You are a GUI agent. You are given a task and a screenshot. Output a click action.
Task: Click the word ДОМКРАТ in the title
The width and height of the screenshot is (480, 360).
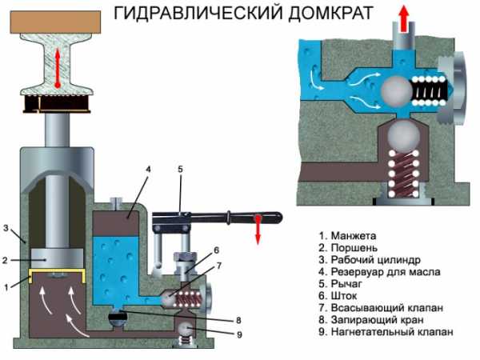pos(330,13)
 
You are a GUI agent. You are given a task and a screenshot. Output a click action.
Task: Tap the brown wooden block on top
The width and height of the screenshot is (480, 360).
pos(55,22)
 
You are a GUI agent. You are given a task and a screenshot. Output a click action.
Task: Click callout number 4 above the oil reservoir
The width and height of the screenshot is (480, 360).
pos(149,170)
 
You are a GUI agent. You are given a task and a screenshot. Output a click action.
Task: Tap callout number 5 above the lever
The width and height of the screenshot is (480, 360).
pos(180,169)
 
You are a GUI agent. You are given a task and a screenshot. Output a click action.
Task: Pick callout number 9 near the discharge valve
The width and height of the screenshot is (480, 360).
pos(239,334)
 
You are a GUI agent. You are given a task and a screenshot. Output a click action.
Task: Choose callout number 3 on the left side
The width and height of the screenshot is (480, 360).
pos(6,228)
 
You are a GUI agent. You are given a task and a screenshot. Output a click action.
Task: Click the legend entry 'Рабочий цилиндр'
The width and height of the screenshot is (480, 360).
pos(370,260)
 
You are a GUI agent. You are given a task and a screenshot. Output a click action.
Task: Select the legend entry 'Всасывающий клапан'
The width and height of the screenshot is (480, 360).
pos(381,308)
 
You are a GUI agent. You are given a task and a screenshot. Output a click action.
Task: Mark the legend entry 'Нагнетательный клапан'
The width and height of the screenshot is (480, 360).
pos(386,331)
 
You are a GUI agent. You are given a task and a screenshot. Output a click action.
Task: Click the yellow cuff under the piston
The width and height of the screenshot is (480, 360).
pos(57,271)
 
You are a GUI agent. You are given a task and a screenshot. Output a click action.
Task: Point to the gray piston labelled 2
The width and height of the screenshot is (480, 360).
pos(58,258)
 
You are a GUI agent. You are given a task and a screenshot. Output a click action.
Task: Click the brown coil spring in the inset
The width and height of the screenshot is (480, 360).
pos(403,174)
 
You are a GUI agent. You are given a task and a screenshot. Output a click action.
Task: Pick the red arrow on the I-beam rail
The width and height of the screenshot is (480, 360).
pos(58,69)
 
